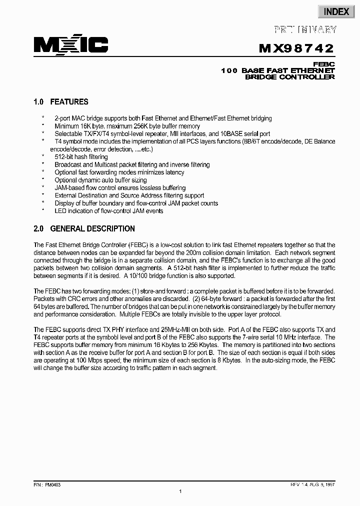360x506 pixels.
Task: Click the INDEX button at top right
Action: (336, 11)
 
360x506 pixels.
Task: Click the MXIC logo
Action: (71, 45)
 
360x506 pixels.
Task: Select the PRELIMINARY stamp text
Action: (305, 30)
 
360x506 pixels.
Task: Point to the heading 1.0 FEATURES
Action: (61, 102)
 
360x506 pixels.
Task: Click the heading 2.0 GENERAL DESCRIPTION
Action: (84, 229)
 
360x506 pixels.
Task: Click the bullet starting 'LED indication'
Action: (108, 211)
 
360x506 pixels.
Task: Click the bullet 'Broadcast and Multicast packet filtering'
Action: (132, 164)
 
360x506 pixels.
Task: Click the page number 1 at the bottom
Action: (180, 492)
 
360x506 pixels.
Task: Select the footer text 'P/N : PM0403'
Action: (47, 484)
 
